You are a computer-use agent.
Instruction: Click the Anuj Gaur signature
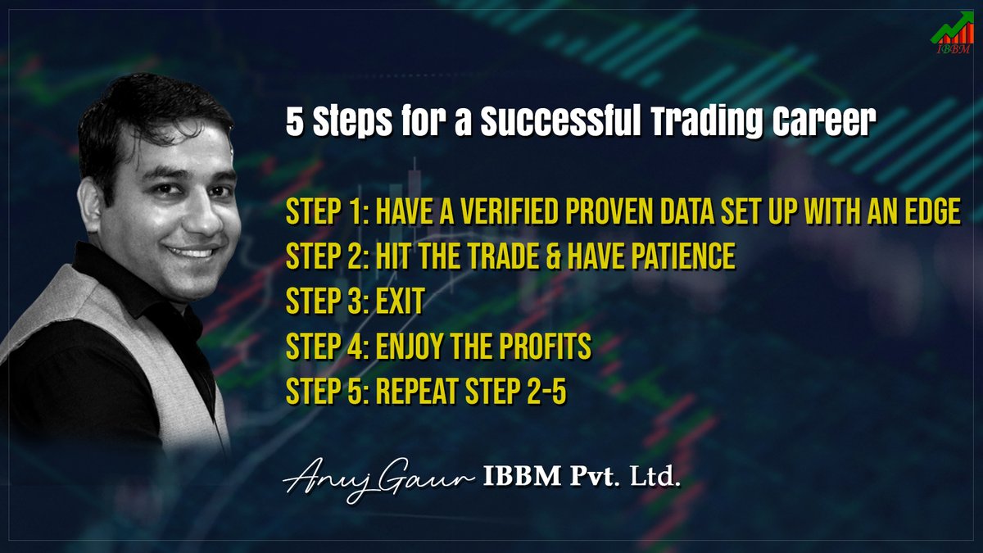coord(378,478)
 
